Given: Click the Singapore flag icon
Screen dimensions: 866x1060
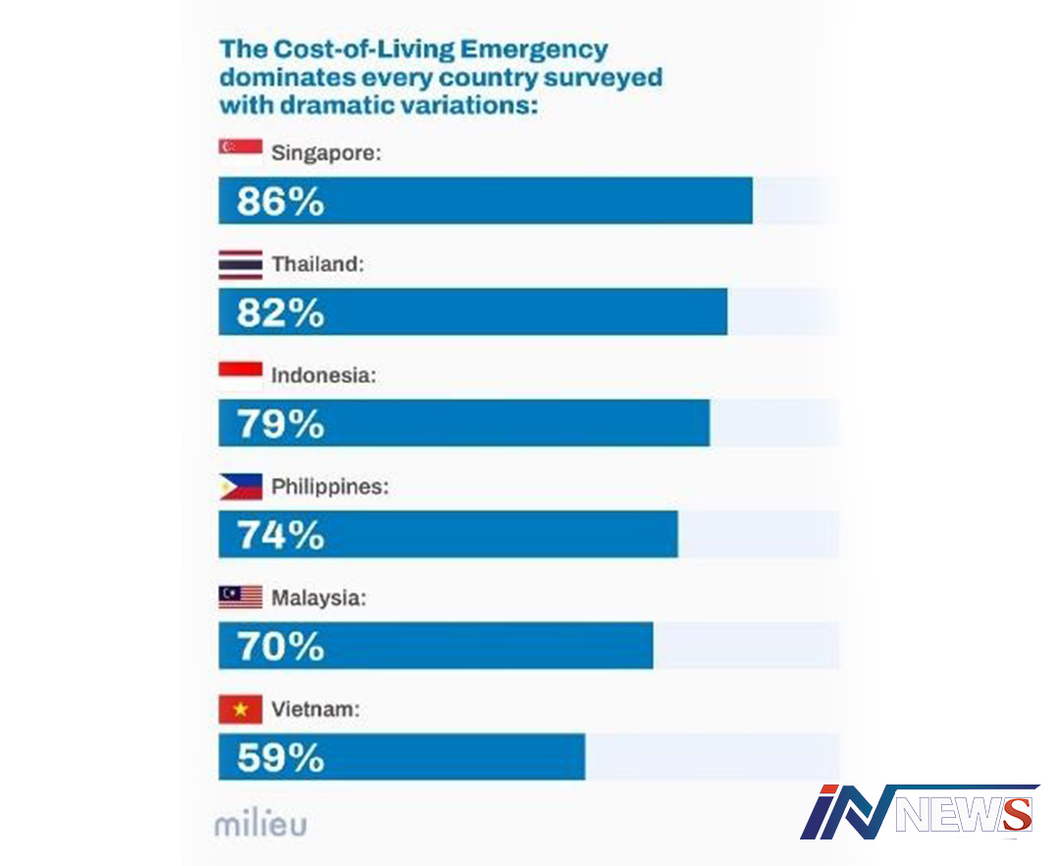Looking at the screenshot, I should pyautogui.click(x=239, y=147).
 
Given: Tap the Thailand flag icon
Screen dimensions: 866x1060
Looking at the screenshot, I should pyautogui.click(x=239, y=264).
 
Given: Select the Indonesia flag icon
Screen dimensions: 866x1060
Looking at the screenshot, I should pyautogui.click(x=239, y=375).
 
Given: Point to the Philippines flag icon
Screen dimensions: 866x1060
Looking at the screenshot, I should pyautogui.click(x=239, y=486).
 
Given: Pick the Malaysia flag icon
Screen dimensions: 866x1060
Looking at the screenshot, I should pyautogui.click(x=239, y=597).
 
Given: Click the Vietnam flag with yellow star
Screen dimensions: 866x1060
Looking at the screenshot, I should pyautogui.click(x=239, y=708).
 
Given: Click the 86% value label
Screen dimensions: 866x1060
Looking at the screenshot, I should pyautogui.click(x=280, y=202).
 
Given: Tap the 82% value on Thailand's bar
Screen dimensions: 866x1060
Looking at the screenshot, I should pyautogui.click(x=280, y=313).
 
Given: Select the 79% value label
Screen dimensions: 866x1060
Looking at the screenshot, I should pyautogui.click(x=280, y=424).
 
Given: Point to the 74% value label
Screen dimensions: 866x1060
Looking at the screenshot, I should pyautogui.click(x=280, y=535).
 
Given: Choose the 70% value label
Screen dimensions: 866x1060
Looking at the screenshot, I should pyautogui.click(x=280, y=646).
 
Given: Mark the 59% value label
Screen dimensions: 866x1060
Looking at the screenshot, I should pyautogui.click(x=280, y=757).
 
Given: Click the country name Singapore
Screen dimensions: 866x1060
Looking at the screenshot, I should pyautogui.click(x=324, y=154).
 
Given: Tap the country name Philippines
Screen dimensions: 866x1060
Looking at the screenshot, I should pyautogui.click(x=330, y=486).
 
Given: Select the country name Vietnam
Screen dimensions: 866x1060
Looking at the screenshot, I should pyautogui.click(x=315, y=708).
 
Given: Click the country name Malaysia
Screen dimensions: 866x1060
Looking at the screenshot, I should pyautogui.click(x=318, y=597).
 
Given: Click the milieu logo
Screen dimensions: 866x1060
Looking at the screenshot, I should pyautogui.click(x=260, y=823).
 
